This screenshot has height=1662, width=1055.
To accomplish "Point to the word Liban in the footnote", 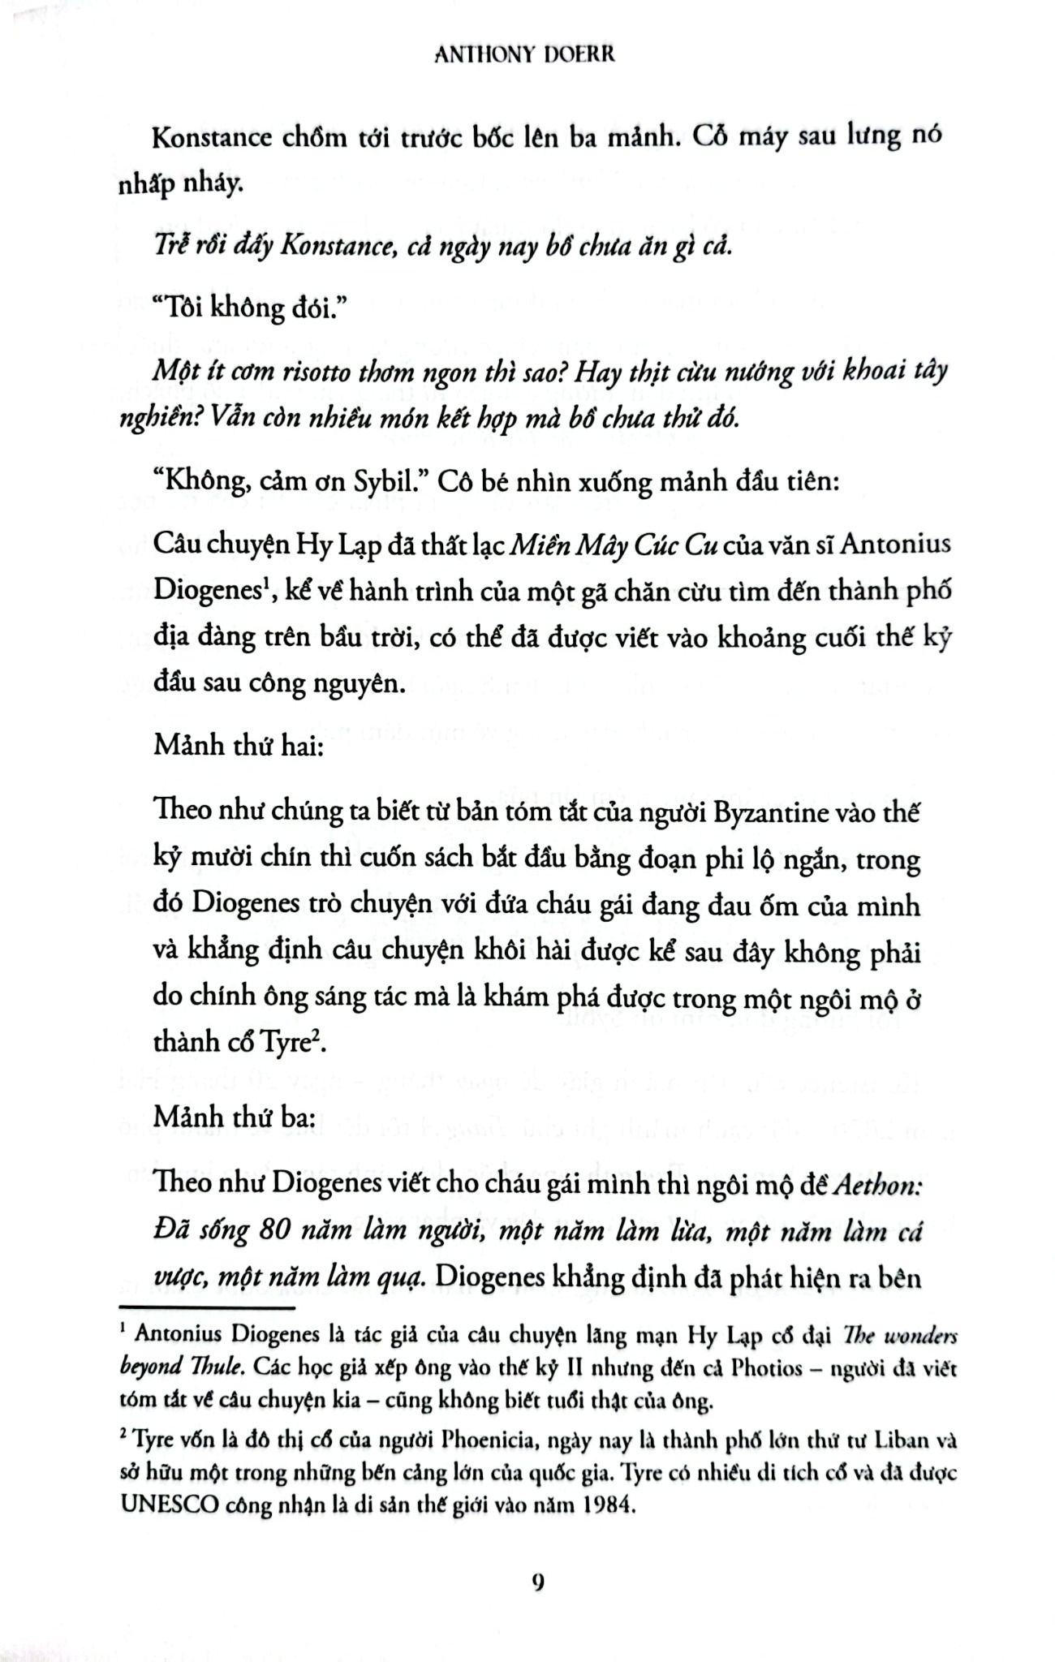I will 894,1443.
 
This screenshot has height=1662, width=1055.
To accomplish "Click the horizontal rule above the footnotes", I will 206,1307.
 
